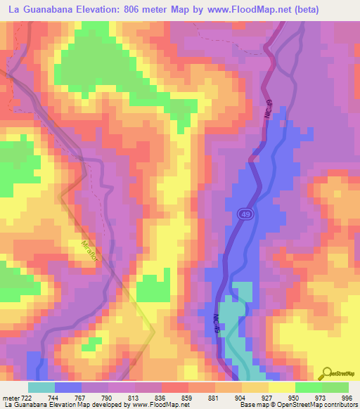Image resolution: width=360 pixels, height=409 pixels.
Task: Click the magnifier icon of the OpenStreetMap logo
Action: [x=326, y=373]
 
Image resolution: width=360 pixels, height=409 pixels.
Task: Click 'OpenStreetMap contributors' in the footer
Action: [x=316, y=404]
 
